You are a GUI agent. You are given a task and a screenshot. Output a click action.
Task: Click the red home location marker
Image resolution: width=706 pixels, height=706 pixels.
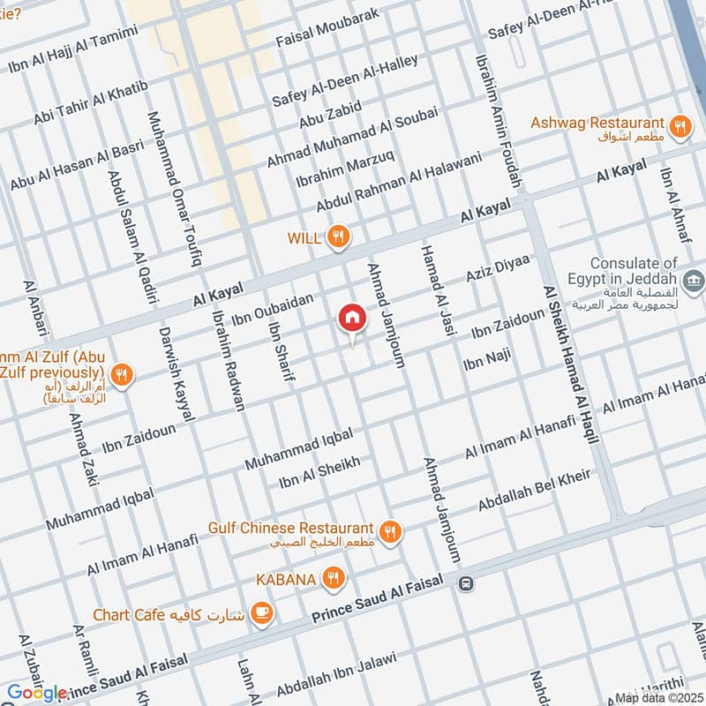coord(351,318)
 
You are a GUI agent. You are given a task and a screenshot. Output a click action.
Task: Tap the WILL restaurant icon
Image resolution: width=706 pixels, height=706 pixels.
coord(337,237)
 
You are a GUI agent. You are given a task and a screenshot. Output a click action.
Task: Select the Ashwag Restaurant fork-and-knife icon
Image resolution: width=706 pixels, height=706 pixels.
coord(680,126)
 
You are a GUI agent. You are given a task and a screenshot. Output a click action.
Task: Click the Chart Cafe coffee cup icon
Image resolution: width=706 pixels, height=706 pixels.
coord(261,612)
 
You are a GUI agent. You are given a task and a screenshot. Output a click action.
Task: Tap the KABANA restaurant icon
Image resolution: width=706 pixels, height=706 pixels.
coord(333,579)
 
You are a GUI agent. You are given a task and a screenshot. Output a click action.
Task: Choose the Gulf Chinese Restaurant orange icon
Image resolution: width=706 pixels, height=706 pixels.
coord(389,531)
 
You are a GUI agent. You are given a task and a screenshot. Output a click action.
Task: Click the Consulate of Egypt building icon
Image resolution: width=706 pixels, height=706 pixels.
coord(695,282)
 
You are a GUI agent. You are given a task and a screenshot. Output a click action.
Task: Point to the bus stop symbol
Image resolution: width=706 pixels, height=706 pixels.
coord(465,582)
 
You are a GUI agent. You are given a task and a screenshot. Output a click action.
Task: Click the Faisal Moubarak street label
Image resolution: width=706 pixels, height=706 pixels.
coord(327,28)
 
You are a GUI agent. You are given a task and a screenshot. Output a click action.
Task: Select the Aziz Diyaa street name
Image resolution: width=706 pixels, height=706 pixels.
coord(498,267)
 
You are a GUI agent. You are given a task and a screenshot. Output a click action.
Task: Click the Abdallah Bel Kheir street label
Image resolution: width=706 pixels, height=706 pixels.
coord(534,491)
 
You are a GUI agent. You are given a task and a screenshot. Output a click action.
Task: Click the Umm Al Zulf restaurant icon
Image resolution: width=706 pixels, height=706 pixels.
coord(123,375)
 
